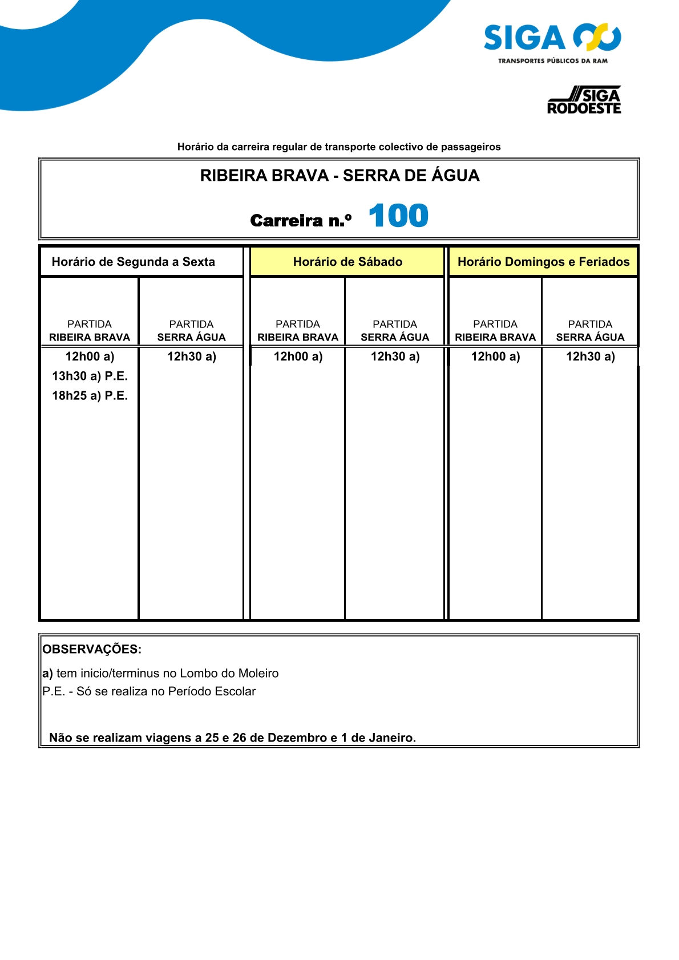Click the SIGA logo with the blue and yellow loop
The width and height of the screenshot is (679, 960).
coord(552,43)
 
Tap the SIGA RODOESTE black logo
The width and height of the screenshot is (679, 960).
coord(584,100)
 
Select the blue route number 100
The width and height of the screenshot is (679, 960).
coord(398,216)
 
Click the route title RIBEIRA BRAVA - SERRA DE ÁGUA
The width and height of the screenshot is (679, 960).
coord(339,176)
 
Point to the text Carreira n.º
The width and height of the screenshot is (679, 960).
coord(301,221)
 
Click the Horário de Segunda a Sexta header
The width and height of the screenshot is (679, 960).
coord(134,262)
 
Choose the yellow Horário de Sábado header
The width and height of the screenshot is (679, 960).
coord(347,262)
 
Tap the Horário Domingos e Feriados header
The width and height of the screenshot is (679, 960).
coord(543,262)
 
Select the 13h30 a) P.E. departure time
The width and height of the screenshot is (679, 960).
coord(90,376)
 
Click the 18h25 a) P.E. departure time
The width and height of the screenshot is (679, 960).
coord(90,395)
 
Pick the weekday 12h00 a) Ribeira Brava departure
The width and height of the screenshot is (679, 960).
coord(90,357)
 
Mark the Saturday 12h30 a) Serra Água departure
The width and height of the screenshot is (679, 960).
coord(395,357)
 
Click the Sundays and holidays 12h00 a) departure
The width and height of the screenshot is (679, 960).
coord(495,357)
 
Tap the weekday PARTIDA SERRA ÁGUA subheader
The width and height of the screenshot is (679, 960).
coord(191,331)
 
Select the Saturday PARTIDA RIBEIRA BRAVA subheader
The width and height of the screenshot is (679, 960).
coord(297,331)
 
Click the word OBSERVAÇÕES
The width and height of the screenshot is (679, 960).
coord(92,649)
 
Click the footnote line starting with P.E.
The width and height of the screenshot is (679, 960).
coord(149,691)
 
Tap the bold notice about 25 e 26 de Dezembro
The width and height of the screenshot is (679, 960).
coord(232,738)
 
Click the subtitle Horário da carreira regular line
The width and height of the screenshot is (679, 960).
coord(339,147)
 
